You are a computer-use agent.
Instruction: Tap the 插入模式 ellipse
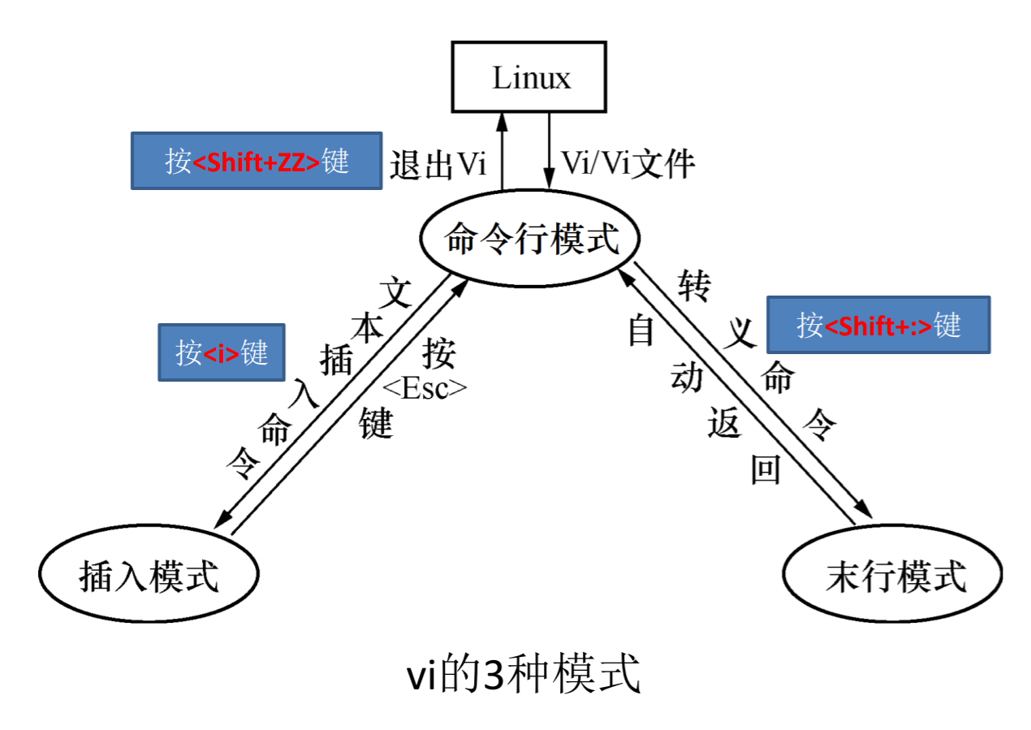[149, 576]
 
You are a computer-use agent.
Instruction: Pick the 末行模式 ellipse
[895, 577]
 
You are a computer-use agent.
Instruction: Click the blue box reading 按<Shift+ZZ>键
[257, 161]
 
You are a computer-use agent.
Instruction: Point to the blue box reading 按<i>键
[222, 353]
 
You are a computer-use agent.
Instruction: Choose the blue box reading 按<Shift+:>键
[878, 325]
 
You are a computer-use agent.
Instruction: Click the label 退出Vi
[438, 164]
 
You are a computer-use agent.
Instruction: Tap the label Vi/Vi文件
[628, 164]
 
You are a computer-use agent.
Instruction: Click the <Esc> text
[425, 389]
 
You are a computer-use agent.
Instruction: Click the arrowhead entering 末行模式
[864, 512]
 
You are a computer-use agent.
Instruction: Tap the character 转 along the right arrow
[694, 285]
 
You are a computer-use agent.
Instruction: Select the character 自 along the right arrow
[641, 330]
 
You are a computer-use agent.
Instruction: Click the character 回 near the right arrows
[766, 469]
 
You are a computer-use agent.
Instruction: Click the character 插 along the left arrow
[336, 358]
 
